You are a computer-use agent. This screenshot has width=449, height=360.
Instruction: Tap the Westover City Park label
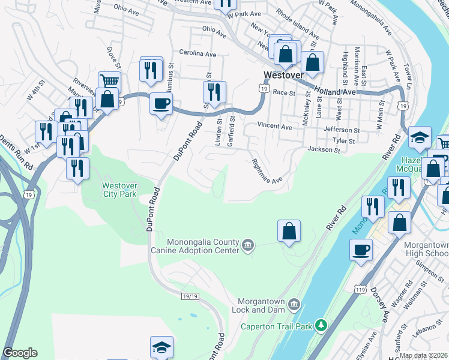(x=119, y=190)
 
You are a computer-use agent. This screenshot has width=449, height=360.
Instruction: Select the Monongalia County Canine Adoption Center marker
(x=248, y=244)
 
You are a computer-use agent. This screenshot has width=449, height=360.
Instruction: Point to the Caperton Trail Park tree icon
(x=321, y=325)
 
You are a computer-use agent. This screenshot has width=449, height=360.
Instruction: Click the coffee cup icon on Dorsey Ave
(x=361, y=249)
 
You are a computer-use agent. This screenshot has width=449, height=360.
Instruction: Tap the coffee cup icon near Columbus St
(x=161, y=103)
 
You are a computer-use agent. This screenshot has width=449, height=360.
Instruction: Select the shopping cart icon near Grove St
(x=109, y=82)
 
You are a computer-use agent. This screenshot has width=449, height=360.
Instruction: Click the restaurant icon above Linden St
(x=214, y=92)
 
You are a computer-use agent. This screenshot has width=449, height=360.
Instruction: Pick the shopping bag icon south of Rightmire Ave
(x=289, y=231)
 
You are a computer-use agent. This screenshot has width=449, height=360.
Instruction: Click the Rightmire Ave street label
(x=267, y=170)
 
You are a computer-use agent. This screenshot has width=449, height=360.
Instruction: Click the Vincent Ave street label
(x=274, y=127)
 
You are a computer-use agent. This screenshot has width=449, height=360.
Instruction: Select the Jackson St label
(x=319, y=149)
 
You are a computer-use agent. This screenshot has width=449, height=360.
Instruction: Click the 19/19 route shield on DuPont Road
(x=190, y=295)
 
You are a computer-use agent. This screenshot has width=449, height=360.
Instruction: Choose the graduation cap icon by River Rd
(x=420, y=138)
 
